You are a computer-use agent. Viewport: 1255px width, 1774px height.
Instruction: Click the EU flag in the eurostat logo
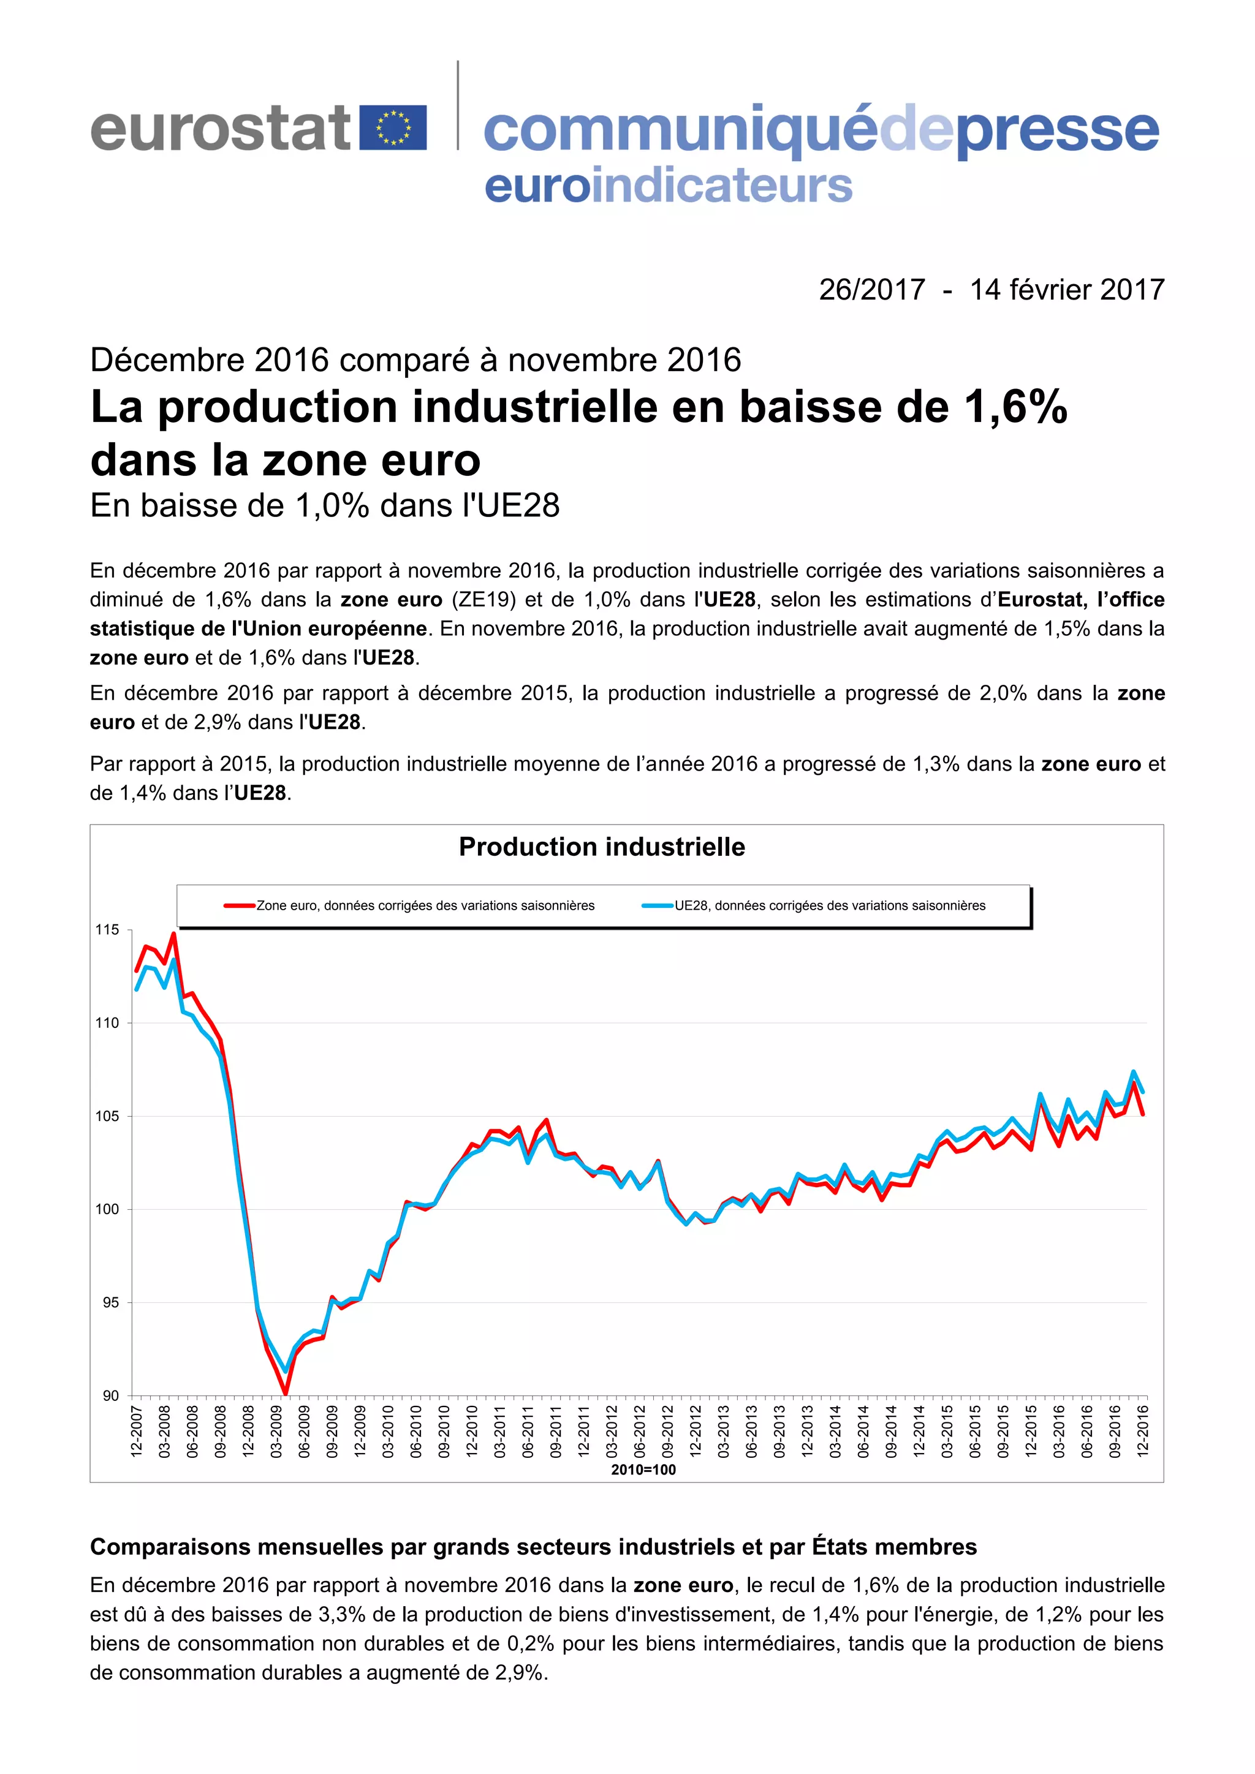[x=394, y=127]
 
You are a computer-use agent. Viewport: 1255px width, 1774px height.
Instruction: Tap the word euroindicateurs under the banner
[x=669, y=186]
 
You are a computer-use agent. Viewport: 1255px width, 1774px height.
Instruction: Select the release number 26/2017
[x=872, y=290]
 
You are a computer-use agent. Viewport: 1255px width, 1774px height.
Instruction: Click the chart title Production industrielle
[x=602, y=847]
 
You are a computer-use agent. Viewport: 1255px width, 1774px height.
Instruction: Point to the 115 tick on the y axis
[x=107, y=929]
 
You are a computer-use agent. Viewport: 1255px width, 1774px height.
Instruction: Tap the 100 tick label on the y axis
[x=107, y=1209]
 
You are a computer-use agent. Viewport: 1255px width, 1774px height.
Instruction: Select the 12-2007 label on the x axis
[x=137, y=1431]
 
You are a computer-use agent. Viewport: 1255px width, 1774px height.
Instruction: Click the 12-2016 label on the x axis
[x=1143, y=1431]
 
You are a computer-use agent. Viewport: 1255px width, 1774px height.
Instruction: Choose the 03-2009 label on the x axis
[x=276, y=1431]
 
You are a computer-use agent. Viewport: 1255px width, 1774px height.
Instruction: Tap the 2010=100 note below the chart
[x=643, y=1470]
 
